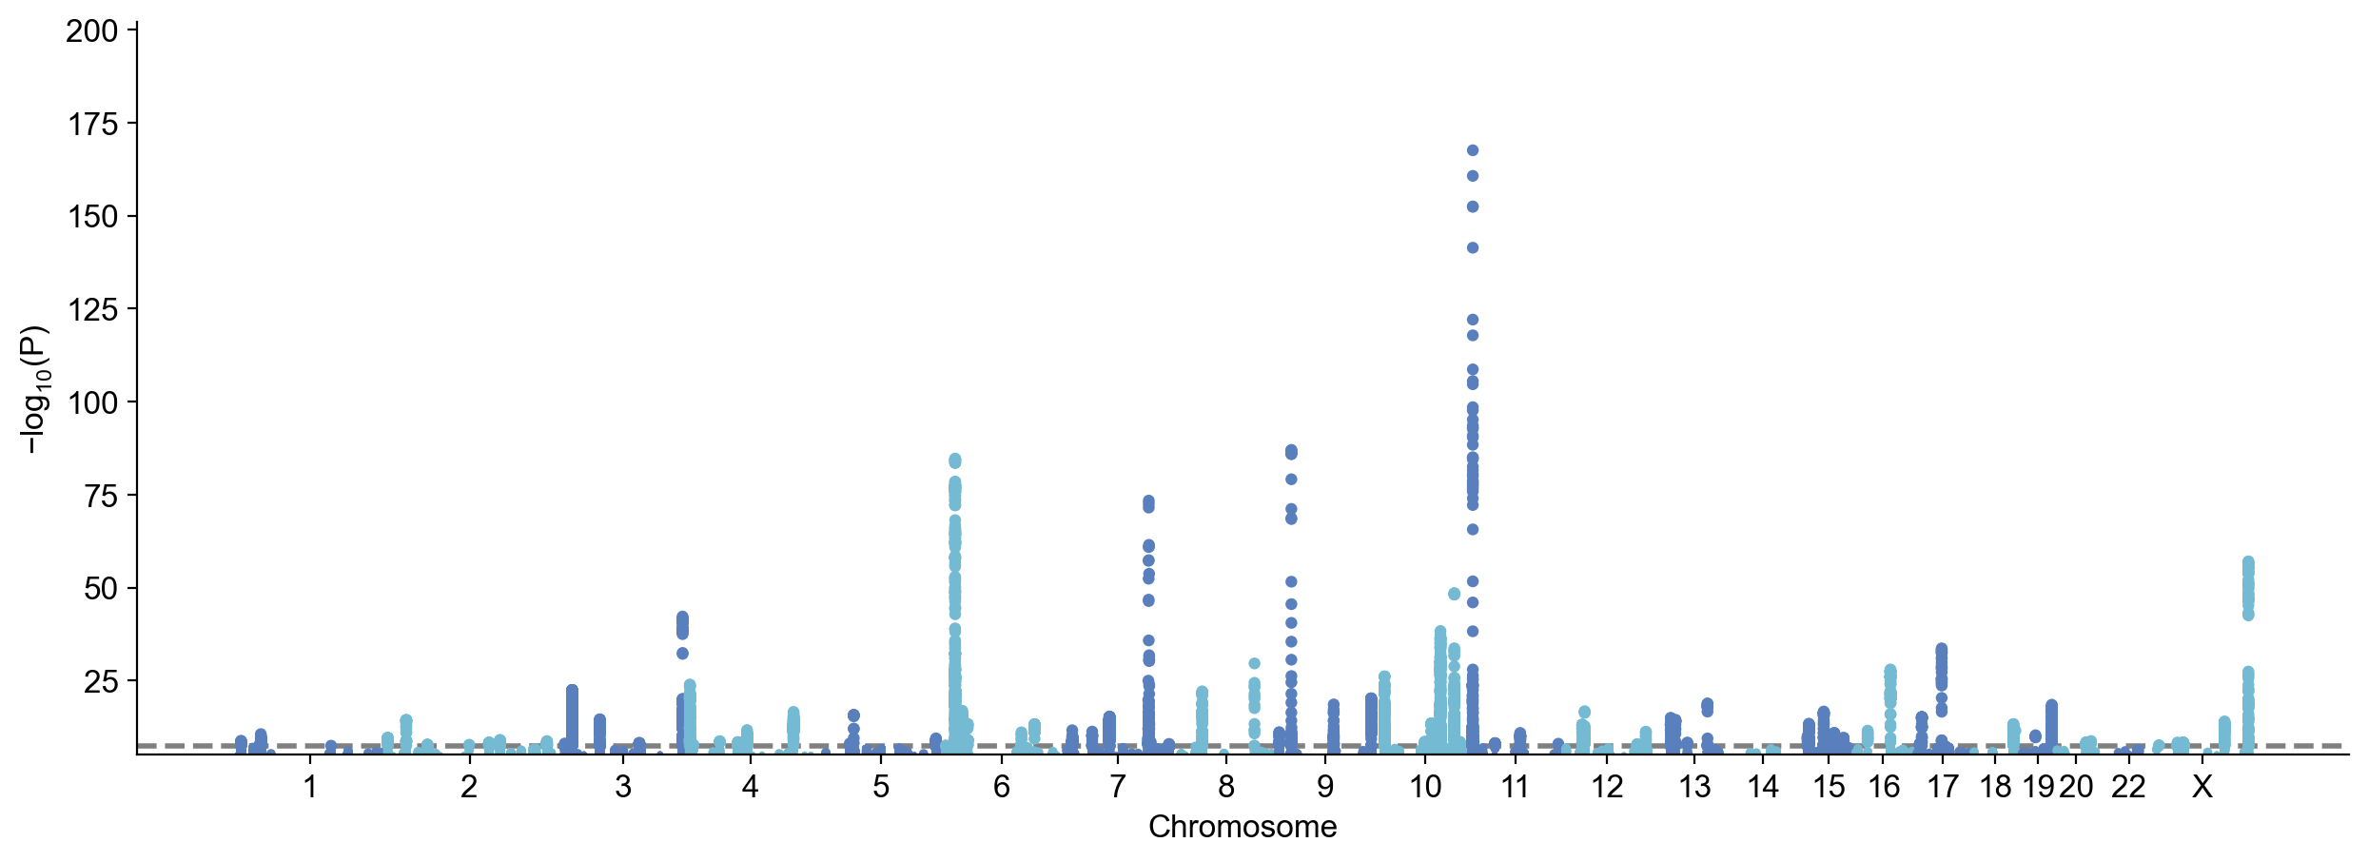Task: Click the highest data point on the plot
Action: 1472,150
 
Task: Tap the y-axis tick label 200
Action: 91,31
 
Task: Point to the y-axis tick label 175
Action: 91,125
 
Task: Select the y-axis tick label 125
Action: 91,310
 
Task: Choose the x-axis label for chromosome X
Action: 2202,787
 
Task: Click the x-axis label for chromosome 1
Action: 309,787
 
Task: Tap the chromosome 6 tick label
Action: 1001,787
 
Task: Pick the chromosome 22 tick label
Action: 2128,787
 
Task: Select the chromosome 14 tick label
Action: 1763,787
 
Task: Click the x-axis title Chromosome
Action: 1243,827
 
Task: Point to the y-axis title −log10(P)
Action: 34,390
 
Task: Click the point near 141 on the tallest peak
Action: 1472,248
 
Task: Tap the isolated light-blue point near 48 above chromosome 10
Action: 1454,594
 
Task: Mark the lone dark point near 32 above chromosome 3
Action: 682,654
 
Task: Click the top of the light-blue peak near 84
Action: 954,460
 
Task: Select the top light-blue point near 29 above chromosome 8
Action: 1254,663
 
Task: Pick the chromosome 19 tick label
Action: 2037,787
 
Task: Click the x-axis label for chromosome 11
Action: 1515,787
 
